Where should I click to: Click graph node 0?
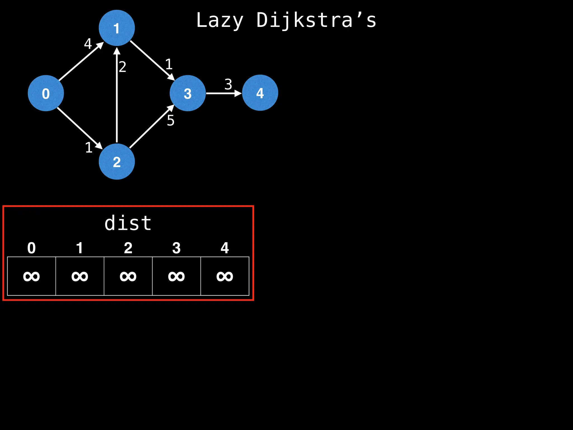click(46, 93)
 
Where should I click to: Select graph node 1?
click(117, 28)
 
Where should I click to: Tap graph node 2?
click(117, 162)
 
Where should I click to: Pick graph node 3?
click(187, 93)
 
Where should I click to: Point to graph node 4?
click(260, 93)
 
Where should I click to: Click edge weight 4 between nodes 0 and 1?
click(88, 44)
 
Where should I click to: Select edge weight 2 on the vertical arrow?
click(123, 67)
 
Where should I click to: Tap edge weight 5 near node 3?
click(170, 121)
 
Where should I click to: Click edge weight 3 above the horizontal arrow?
click(228, 84)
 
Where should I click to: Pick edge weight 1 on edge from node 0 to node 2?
click(89, 148)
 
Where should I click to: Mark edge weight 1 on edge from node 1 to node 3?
click(169, 64)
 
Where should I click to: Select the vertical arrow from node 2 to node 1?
click(117, 95)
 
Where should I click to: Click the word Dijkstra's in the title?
click(316, 20)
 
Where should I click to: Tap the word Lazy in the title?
click(220, 20)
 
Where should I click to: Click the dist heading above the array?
click(128, 223)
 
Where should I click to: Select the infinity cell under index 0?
click(31, 276)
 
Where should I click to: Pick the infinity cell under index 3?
click(176, 276)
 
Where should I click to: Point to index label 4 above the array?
click(225, 248)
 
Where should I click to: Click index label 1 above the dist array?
click(80, 248)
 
